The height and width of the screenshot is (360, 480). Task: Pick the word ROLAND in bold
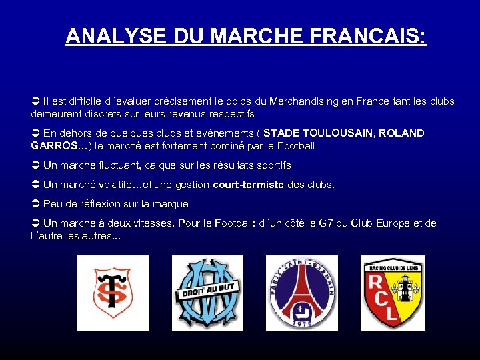pos(401,133)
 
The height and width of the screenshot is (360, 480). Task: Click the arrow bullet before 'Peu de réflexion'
pos(36,204)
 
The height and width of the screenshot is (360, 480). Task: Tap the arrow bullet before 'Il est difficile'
pos(36,102)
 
